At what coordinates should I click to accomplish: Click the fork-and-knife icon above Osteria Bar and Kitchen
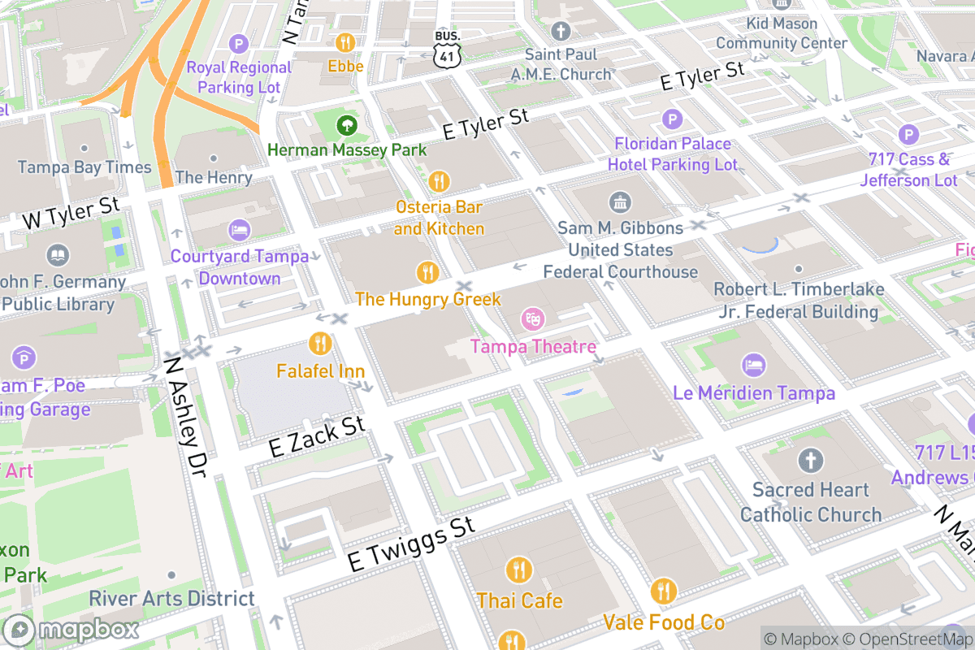point(439,180)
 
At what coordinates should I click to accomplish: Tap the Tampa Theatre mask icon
point(532,317)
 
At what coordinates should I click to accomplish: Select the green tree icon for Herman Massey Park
point(347,125)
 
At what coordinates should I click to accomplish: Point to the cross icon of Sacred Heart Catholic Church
point(809,461)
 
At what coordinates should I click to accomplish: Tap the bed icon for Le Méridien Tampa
point(753,365)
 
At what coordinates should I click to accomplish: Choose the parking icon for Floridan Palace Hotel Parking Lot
point(672,119)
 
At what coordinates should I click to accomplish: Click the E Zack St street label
point(317,436)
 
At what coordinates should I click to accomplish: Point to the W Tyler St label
point(71,211)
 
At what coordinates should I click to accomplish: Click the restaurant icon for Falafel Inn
point(320,343)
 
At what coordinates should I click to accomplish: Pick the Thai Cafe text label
point(519,600)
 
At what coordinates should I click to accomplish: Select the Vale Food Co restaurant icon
point(664,591)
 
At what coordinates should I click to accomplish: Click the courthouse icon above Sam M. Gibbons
point(620,201)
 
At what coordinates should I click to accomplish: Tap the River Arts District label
point(171,599)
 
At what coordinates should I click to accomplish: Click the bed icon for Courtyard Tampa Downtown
point(239,230)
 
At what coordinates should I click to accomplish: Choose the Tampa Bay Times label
point(84,167)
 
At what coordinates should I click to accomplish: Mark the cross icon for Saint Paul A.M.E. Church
point(561,31)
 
